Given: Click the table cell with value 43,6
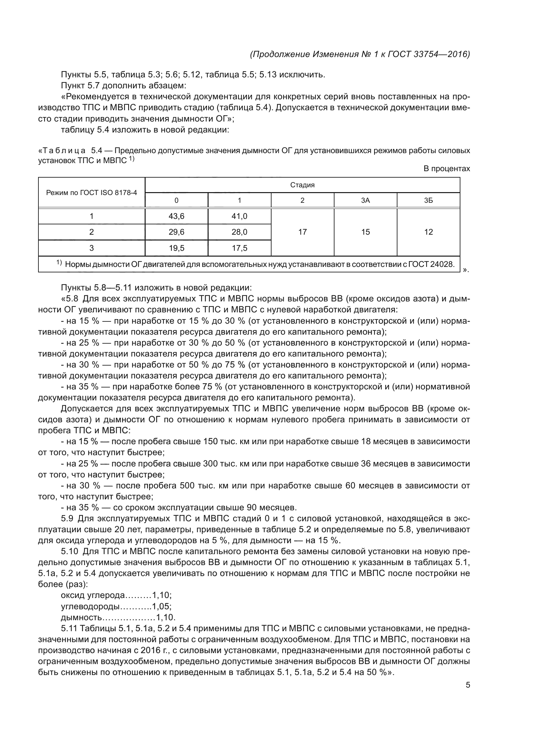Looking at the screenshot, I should (176, 216).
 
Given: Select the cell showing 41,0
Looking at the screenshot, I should (239, 216).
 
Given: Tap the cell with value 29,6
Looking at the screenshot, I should (176, 232).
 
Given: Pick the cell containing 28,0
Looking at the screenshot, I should (239, 232).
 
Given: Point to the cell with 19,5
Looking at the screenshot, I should (176, 248).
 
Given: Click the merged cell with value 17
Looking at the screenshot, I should (302, 232).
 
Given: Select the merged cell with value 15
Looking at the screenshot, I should (365, 232).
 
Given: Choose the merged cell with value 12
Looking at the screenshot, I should (428, 232).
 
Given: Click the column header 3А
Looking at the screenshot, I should (365, 200).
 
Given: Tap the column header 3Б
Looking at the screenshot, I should (428, 200).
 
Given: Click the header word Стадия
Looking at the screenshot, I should (302, 185).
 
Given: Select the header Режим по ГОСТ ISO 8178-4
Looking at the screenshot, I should (91, 192).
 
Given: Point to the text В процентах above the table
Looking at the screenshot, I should (447, 169).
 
